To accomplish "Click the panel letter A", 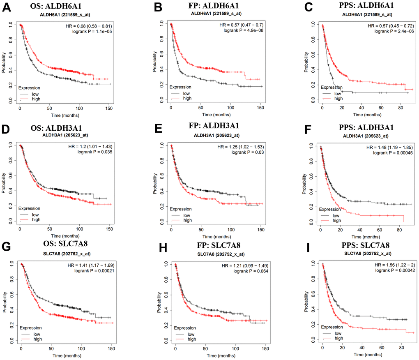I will point(6,8).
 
